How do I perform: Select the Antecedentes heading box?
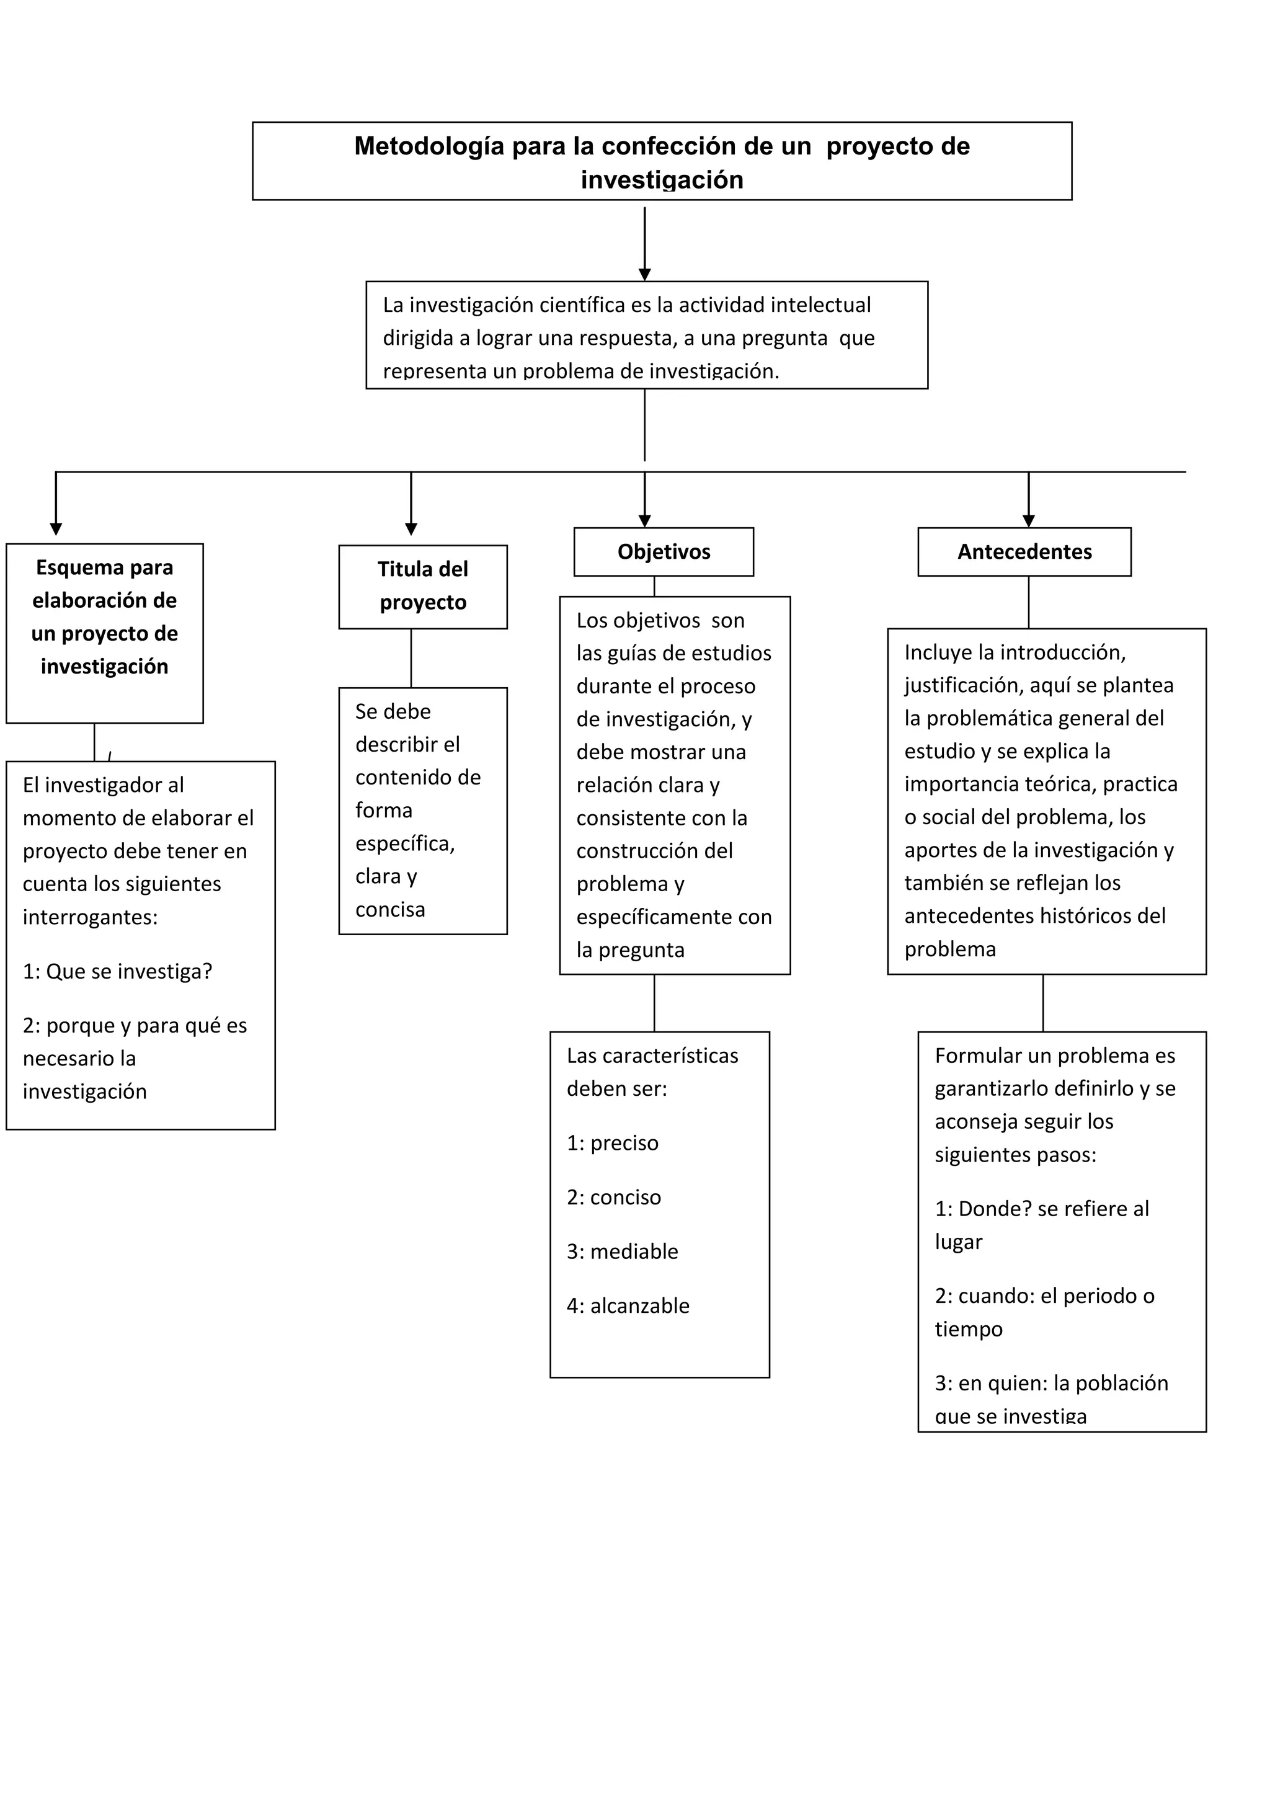tap(1024, 551)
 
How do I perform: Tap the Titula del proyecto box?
tap(422, 586)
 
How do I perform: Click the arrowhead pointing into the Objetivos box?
tap(644, 521)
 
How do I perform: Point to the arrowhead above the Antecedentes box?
tap(1028, 521)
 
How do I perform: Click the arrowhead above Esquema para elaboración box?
tap(56, 529)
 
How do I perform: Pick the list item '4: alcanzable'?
tap(628, 1305)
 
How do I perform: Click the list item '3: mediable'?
tap(623, 1251)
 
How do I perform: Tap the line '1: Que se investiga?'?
tap(117, 972)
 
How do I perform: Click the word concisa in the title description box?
tap(390, 910)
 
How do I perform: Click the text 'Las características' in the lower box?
tap(652, 1056)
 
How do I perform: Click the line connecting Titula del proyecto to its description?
tap(411, 658)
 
